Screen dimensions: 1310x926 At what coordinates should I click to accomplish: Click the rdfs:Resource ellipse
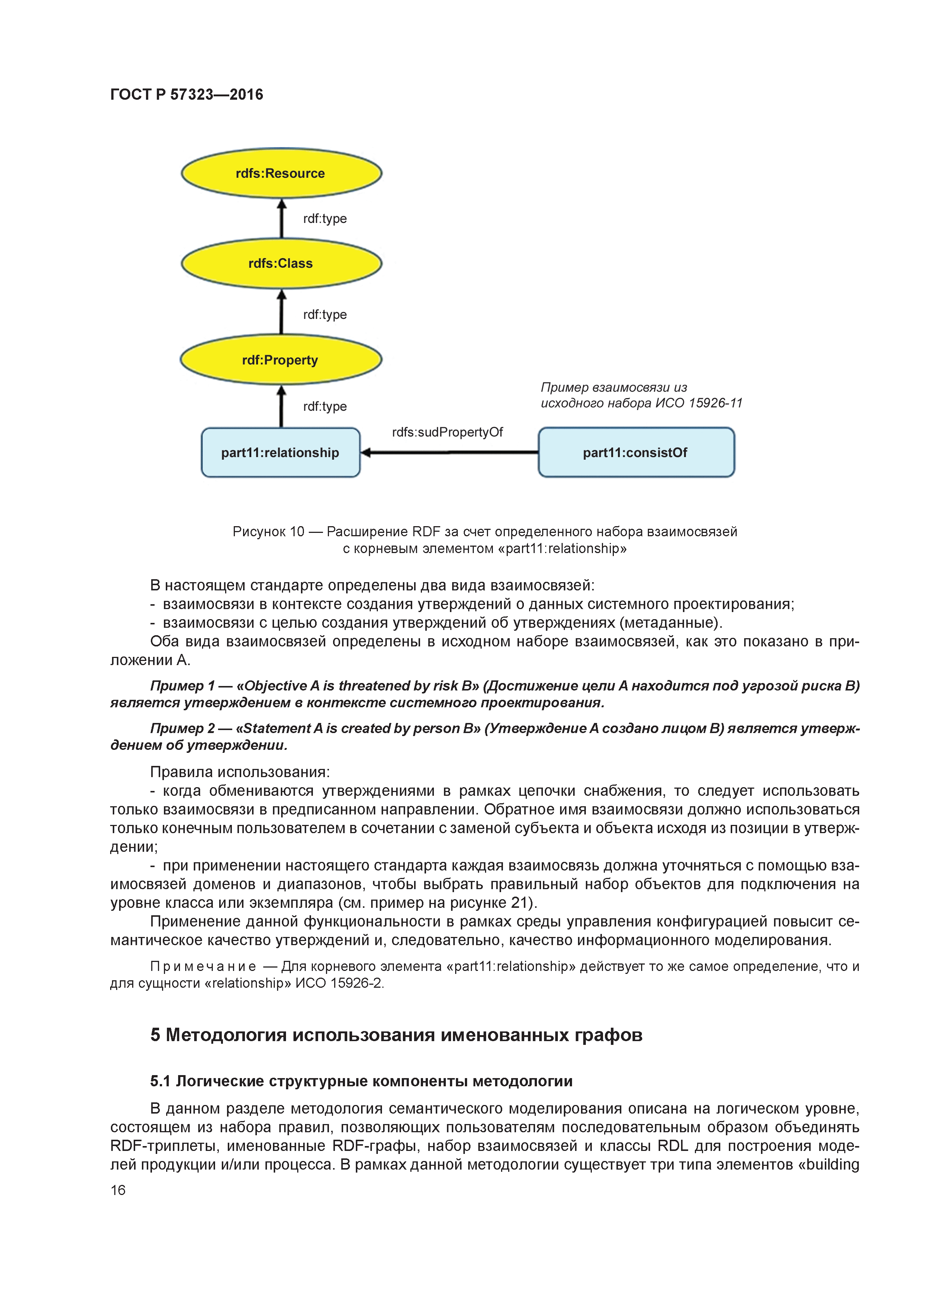click(281, 173)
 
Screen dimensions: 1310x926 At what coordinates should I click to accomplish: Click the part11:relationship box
click(280, 453)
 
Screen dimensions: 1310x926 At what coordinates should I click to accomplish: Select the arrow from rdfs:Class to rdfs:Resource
click(281, 218)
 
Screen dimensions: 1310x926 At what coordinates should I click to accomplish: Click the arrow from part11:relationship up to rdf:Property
click(281, 406)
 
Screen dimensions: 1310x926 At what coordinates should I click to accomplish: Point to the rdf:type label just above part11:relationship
click(324, 407)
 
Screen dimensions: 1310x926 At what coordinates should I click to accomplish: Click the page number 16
click(118, 1190)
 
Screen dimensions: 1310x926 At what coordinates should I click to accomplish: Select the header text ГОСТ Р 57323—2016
click(187, 95)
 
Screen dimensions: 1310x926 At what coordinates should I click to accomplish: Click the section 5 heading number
click(155, 1035)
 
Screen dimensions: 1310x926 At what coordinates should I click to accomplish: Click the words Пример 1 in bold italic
click(182, 686)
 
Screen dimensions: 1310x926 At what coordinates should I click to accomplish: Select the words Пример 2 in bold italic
click(182, 729)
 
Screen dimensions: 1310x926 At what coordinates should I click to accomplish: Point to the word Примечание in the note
click(202, 966)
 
